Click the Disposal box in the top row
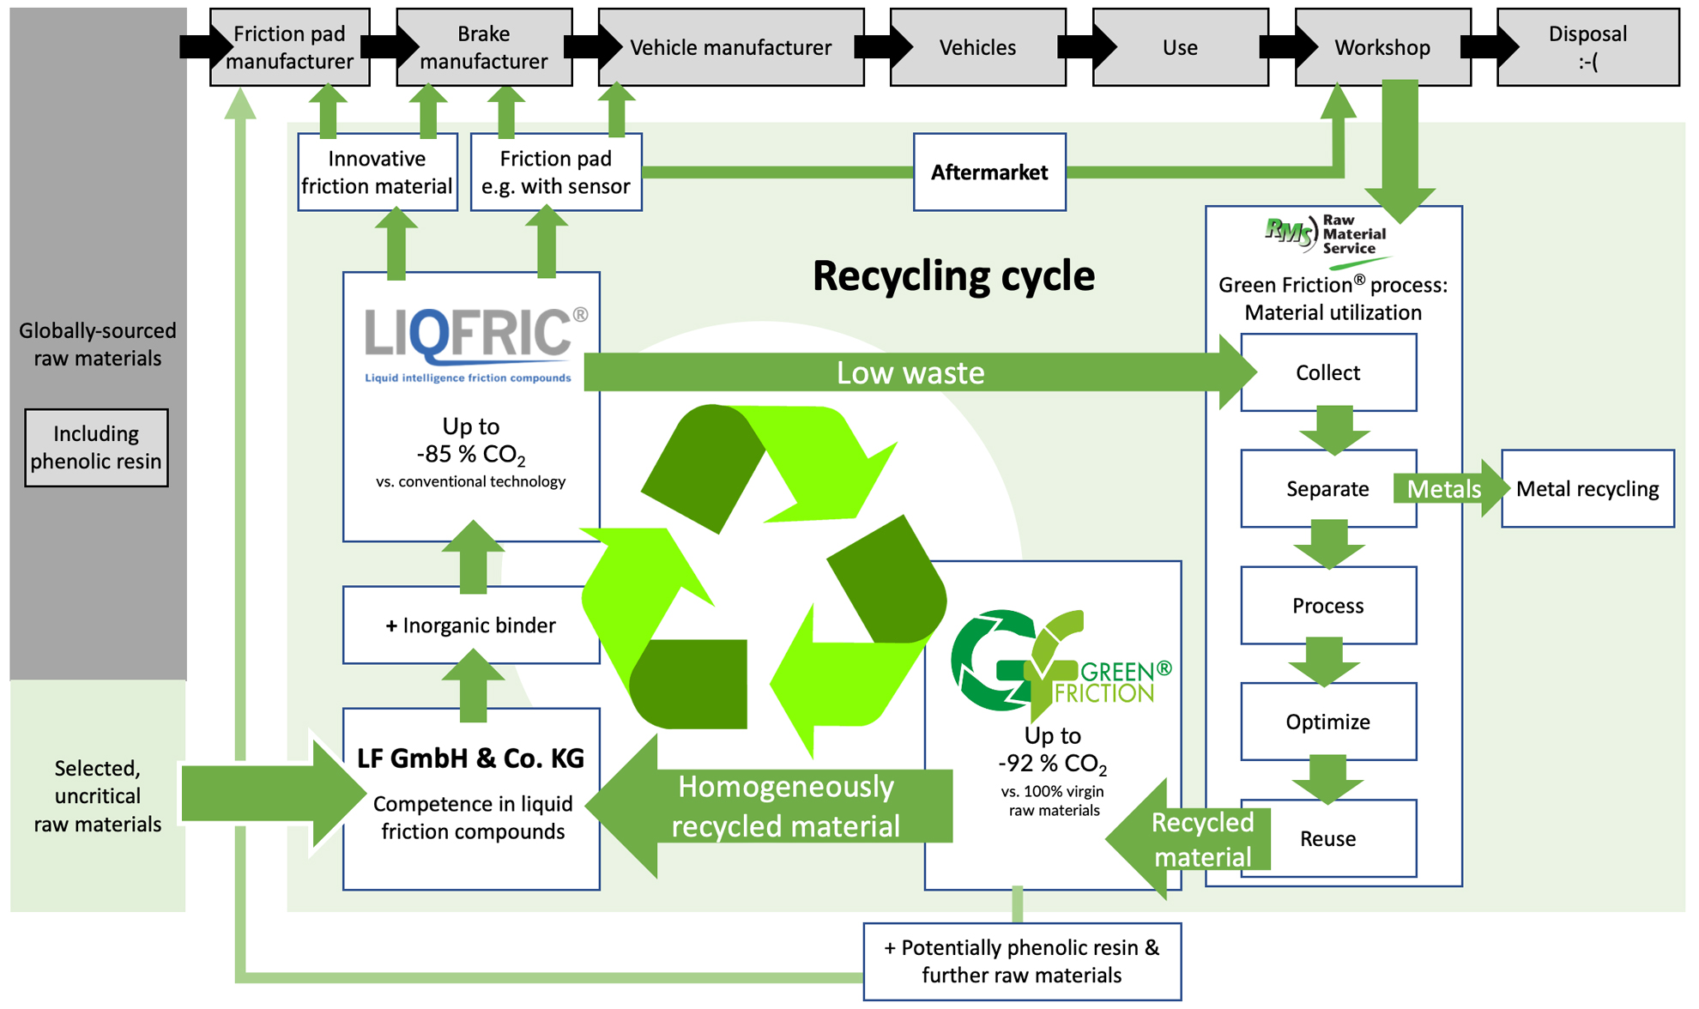[1587, 47]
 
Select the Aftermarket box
[989, 172]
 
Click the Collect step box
[1327, 372]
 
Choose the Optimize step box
[1327, 722]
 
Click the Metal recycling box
[1587, 489]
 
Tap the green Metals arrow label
[1444, 489]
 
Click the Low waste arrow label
[910, 373]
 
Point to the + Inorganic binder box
[470, 625]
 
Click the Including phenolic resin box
[96, 448]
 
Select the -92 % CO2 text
[1052, 764]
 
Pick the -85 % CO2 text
[470, 454]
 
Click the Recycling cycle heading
[952, 276]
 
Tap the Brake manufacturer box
[484, 47]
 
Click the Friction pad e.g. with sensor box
[555, 172]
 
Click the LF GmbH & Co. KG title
[470, 758]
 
